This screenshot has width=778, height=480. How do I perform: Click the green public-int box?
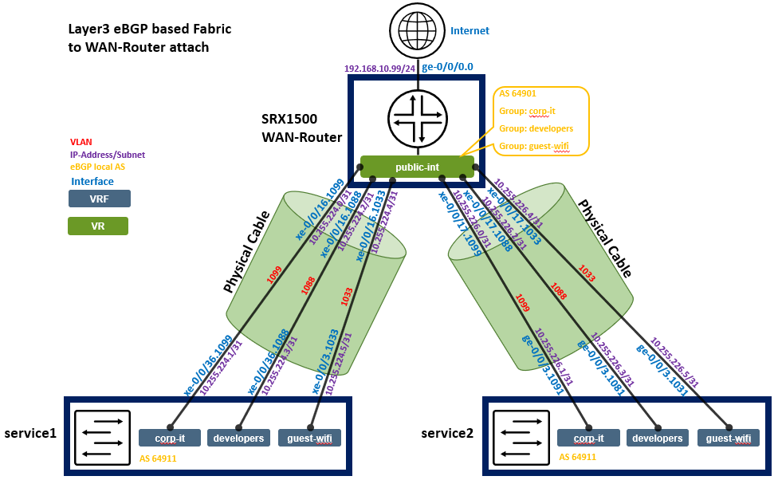pyautogui.click(x=417, y=167)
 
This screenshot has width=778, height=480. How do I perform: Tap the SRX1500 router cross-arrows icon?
pyautogui.click(x=417, y=119)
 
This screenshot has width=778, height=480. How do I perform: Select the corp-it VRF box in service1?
pyautogui.click(x=169, y=438)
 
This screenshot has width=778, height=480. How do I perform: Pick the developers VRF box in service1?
pyautogui.click(x=239, y=438)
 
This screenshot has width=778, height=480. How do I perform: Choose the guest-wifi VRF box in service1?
pyautogui.click(x=310, y=438)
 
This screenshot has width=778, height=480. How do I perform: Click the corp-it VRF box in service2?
pyautogui.click(x=588, y=438)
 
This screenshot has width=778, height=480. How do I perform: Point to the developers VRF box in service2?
pyautogui.click(x=658, y=438)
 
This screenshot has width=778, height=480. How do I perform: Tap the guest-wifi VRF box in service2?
pyautogui.click(x=729, y=438)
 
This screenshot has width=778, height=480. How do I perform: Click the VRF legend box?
pyautogui.click(x=100, y=199)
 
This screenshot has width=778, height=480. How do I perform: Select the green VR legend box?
pyautogui.click(x=98, y=226)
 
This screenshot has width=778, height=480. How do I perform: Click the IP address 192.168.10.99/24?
pyautogui.click(x=379, y=69)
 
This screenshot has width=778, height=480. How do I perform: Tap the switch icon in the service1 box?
pyautogui.click(x=101, y=438)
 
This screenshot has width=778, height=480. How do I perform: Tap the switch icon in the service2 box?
pyautogui.click(x=521, y=438)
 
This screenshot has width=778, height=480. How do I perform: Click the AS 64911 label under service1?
pyautogui.click(x=158, y=458)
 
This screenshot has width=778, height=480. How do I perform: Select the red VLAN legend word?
pyautogui.click(x=81, y=142)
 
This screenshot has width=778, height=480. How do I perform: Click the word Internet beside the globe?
pyautogui.click(x=470, y=31)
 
